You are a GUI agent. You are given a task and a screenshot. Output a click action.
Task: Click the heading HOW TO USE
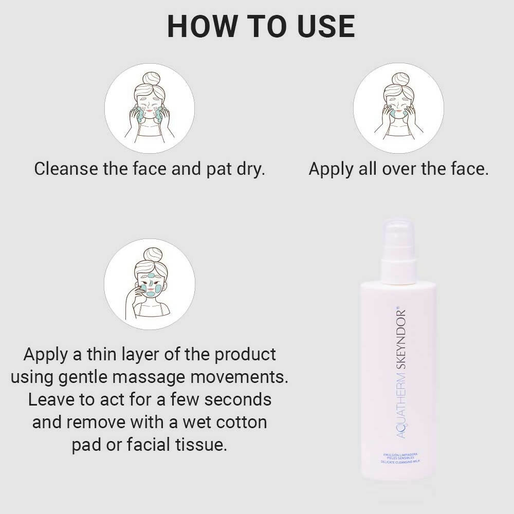point(261,27)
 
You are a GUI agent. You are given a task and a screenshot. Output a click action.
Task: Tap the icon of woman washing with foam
point(150,108)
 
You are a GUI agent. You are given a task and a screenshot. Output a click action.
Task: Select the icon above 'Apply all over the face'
point(398,108)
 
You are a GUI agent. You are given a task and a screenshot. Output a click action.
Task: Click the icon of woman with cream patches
point(150,284)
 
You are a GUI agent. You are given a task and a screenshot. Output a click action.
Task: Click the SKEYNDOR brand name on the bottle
point(402,339)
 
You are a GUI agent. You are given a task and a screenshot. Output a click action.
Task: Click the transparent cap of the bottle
point(398,239)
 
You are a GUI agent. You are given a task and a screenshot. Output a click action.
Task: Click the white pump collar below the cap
point(398,271)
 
